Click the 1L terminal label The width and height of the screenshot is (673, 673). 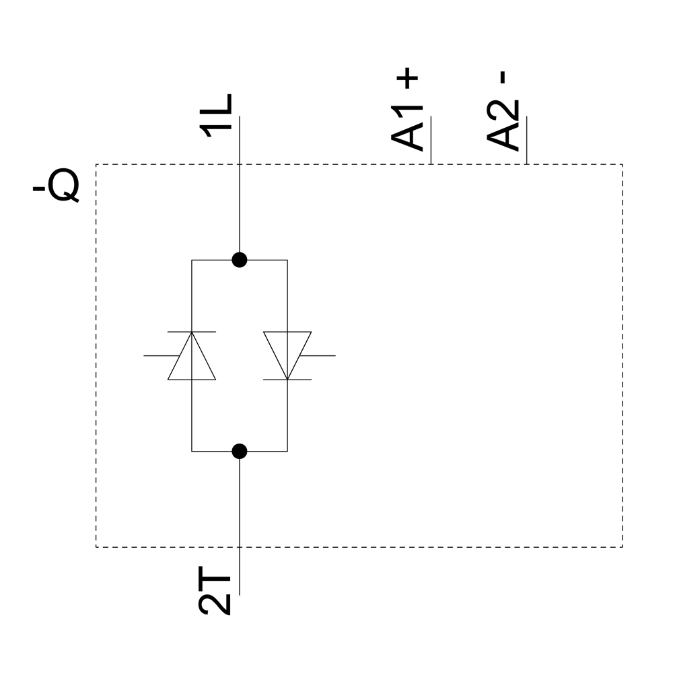(217, 116)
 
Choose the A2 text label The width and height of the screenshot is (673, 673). (503, 126)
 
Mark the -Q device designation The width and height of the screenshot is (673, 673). (56, 186)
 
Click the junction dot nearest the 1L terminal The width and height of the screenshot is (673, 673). (239, 260)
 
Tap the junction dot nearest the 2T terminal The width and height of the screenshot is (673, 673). (239, 451)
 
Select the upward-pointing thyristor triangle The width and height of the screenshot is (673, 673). (192, 360)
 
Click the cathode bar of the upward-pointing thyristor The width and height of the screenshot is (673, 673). (192, 332)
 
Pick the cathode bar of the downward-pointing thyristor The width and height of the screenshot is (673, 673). (287, 380)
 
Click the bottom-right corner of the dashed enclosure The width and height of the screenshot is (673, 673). (623, 547)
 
